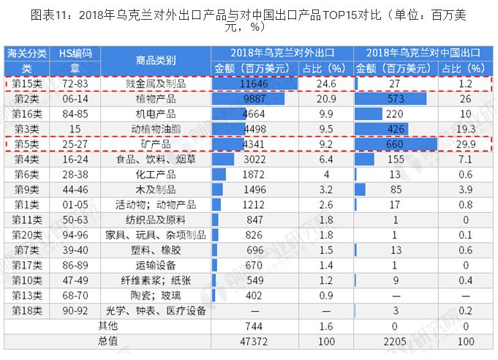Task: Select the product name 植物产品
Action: [x=156, y=98]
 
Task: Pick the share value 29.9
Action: [x=466, y=143]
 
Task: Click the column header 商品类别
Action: [x=156, y=60]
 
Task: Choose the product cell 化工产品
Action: [x=156, y=173]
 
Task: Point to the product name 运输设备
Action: [x=156, y=265]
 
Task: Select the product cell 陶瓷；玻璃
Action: [x=156, y=296]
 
